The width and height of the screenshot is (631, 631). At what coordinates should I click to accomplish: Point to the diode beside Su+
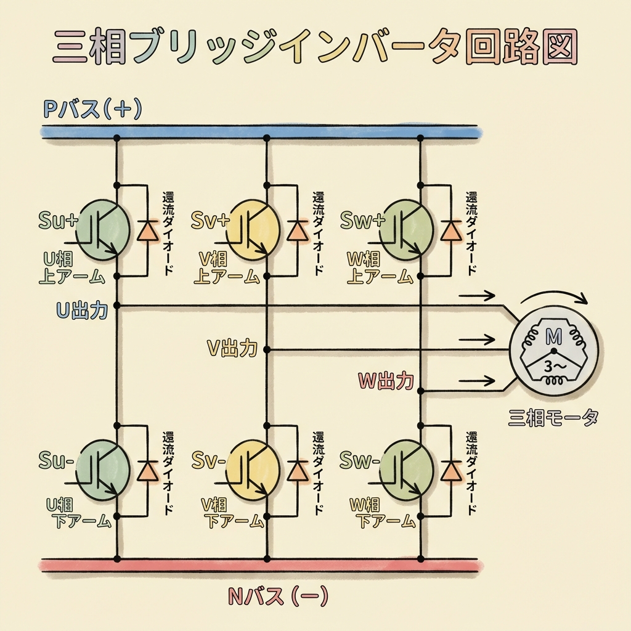point(147,230)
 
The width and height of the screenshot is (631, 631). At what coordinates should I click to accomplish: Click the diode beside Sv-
point(298,470)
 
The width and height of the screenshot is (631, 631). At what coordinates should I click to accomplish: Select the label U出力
point(83,310)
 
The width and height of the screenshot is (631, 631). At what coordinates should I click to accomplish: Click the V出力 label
point(231,349)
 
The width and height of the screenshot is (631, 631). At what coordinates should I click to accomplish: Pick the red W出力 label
point(386,381)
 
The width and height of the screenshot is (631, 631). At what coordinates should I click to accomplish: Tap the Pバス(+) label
point(92,110)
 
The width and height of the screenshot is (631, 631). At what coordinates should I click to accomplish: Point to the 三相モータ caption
point(553,419)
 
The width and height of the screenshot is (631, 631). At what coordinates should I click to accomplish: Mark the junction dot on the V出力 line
point(267,349)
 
